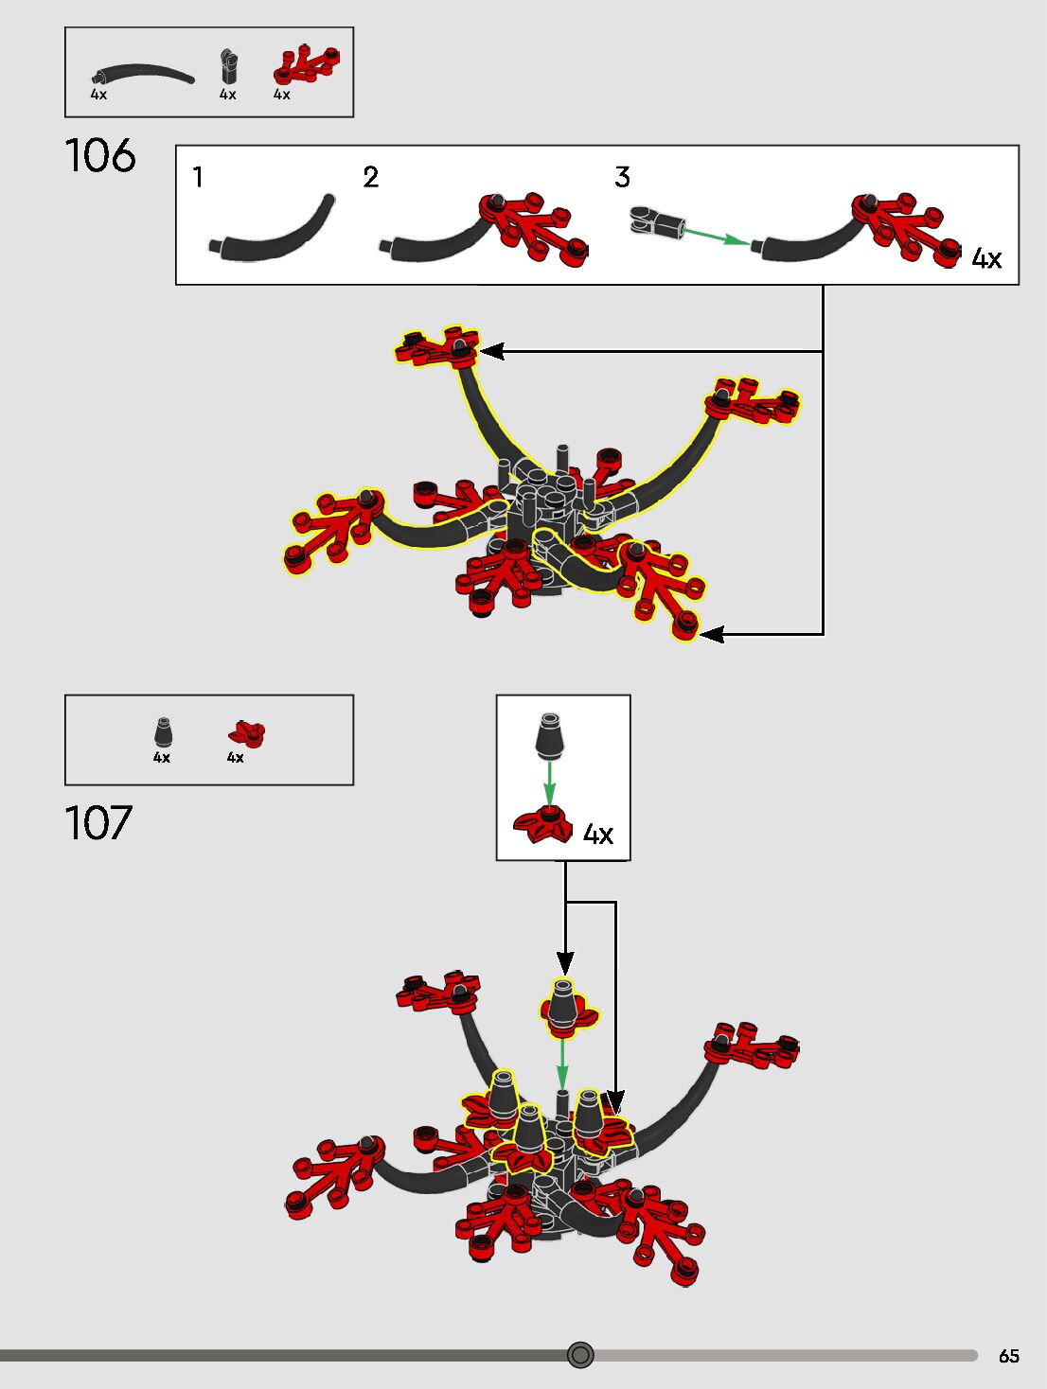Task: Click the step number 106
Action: click(100, 156)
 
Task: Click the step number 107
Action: click(98, 823)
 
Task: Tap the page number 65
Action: click(1008, 1356)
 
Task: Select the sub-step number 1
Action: click(198, 177)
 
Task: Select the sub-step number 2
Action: click(371, 177)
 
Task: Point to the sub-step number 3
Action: click(622, 177)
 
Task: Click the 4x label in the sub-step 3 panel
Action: click(986, 258)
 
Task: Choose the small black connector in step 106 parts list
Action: click(228, 68)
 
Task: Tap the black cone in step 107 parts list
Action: click(163, 732)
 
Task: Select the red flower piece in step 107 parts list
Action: click(247, 732)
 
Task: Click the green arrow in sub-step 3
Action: click(716, 236)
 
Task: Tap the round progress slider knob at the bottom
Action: click(580, 1355)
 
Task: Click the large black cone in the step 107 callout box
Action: click(549, 736)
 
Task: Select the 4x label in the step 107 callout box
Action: click(598, 834)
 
